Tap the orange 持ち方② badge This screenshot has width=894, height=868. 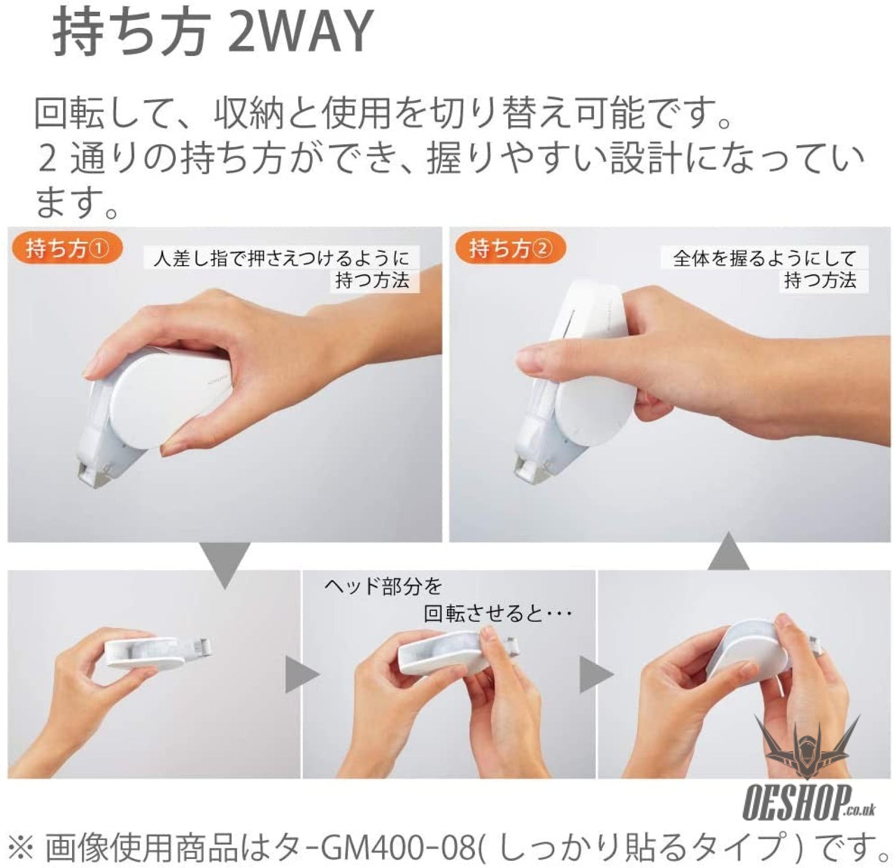pos(510,249)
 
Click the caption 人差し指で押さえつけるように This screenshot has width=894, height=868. pos(281,258)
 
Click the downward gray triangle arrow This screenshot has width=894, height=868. pos(225,564)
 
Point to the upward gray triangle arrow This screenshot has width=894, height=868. pos(728,552)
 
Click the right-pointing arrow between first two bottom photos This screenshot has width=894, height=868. pos(300,675)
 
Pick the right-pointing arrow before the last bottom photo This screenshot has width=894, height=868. pos(595,675)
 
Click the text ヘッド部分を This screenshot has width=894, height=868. pos(383,586)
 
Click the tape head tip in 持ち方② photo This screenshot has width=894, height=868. pos(528,471)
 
